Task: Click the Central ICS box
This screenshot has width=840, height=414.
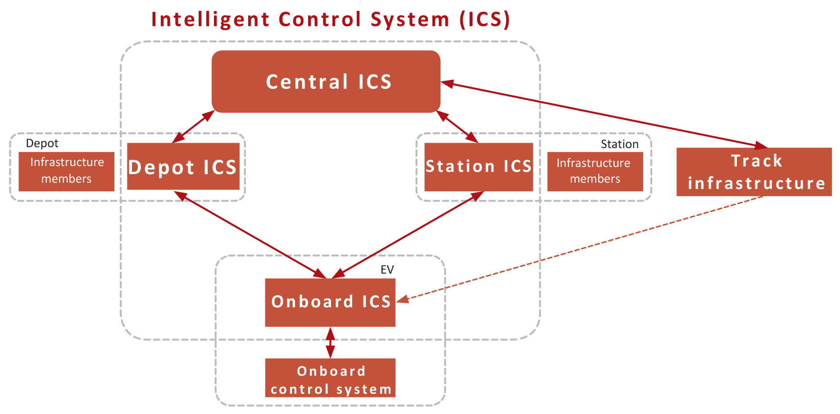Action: point(326,81)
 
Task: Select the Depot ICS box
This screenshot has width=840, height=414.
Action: point(183,166)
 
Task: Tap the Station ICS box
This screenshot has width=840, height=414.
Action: point(479,167)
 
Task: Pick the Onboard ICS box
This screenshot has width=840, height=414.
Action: point(330,302)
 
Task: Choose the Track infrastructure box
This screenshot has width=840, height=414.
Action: point(754,172)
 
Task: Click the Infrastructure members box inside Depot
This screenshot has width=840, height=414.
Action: point(67,171)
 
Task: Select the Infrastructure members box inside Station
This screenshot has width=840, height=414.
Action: point(595,171)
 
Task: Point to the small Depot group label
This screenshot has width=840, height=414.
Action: point(42,143)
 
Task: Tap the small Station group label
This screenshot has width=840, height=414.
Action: point(619,144)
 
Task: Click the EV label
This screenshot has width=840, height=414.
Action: point(387,270)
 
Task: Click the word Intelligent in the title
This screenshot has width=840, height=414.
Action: point(210,20)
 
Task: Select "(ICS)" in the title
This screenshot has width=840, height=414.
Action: point(485,20)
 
